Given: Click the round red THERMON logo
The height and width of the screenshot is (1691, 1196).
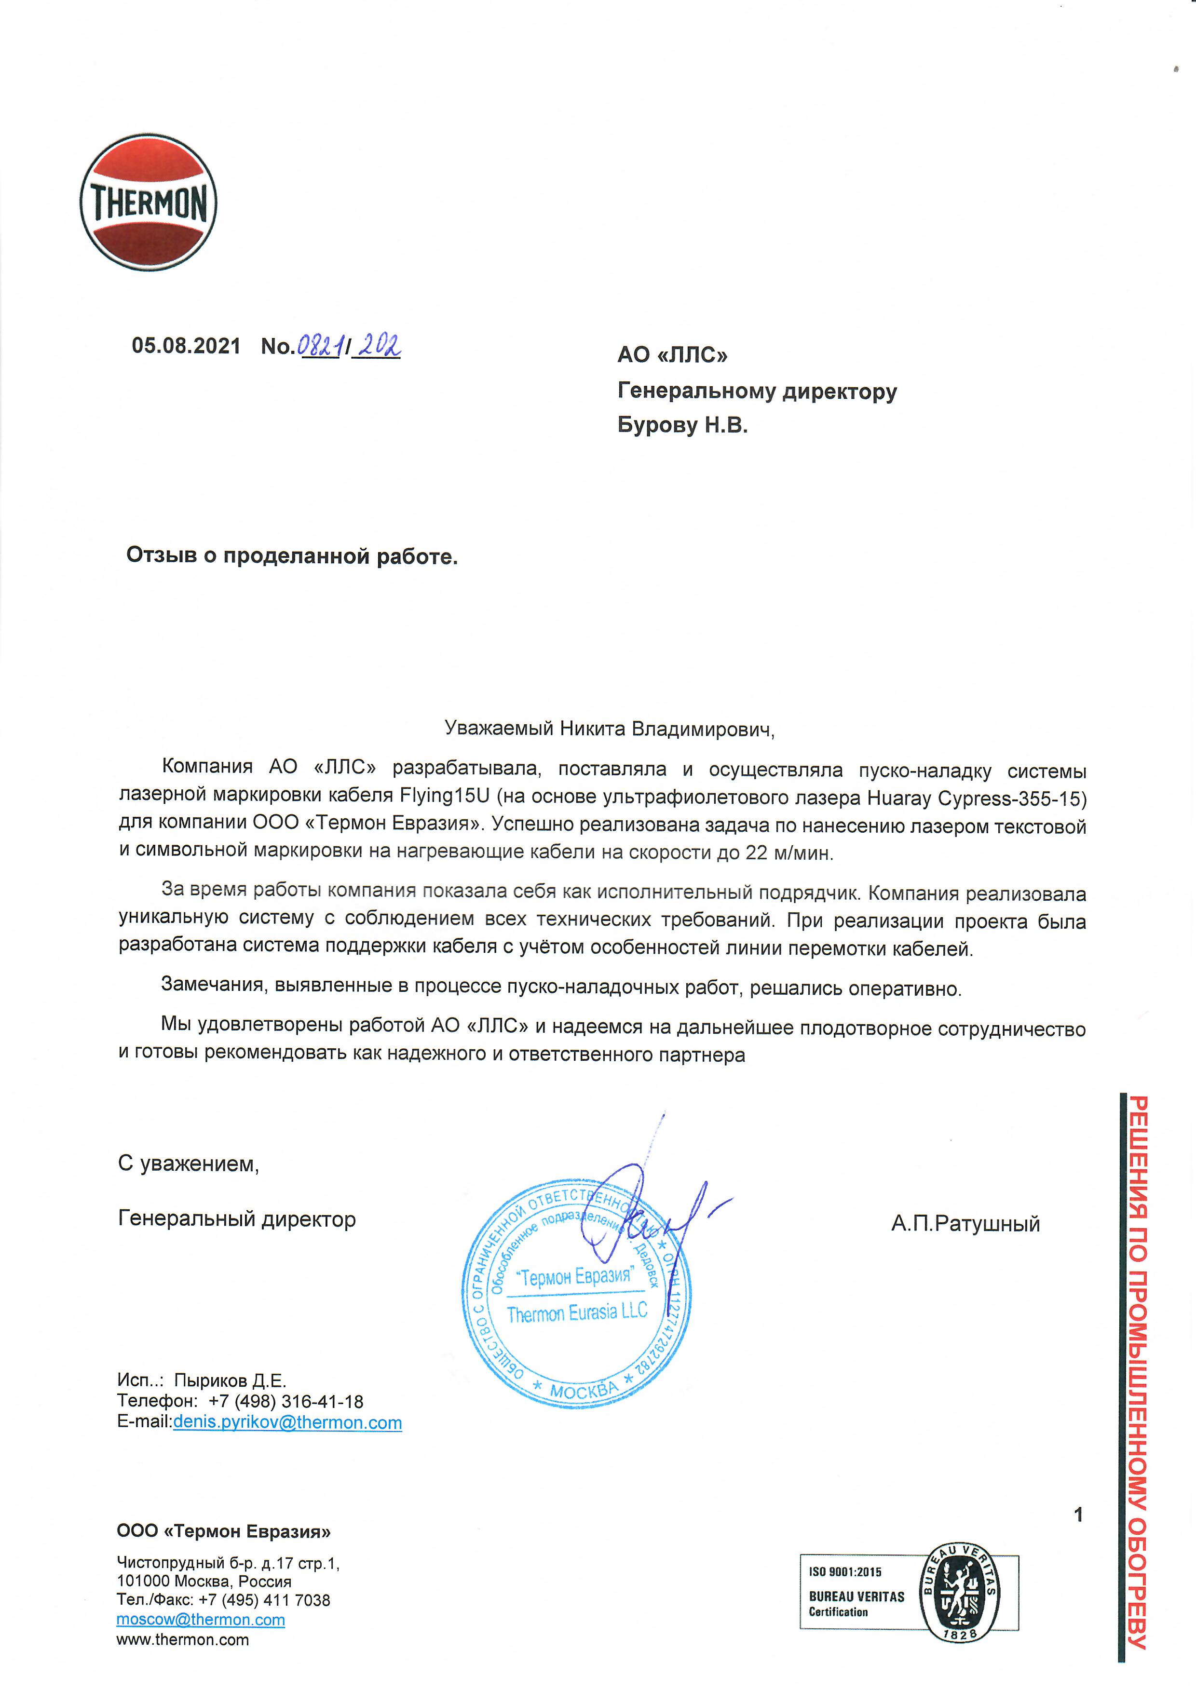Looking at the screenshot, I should tap(148, 203).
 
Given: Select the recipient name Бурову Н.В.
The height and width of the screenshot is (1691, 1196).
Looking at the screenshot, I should tap(682, 425).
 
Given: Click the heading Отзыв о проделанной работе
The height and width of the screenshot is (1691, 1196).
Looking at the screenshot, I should tap(292, 555).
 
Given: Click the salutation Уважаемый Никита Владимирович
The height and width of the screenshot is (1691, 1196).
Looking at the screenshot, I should tap(609, 729).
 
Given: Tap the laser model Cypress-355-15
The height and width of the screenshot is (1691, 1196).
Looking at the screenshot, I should tap(1012, 798).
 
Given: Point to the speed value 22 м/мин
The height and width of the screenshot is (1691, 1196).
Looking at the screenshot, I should tap(789, 853).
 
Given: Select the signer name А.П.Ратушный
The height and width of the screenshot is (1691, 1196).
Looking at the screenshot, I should tap(965, 1224).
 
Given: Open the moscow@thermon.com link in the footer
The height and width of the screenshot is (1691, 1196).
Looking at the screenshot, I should tap(200, 1620).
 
